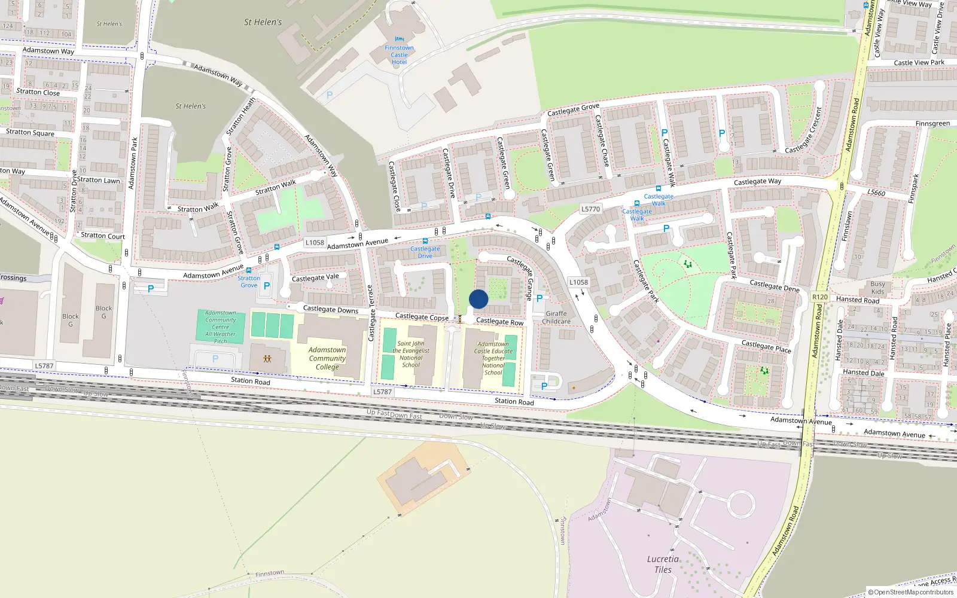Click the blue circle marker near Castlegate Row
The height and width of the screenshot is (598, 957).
coord(478,299)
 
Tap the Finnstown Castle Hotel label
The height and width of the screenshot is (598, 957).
coord(399,55)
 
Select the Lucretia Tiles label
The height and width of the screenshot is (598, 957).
coord(663,565)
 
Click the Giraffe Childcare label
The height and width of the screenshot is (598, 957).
coord(556,318)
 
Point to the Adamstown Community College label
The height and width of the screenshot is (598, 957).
coord(327,358)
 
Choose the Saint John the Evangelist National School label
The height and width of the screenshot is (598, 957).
coord(411,354)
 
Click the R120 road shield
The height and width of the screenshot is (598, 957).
coord(819,297)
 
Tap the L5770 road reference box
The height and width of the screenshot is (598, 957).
coord(590,209)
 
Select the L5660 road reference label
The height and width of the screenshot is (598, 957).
coord(876,193)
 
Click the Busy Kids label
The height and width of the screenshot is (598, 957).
coord(877,288)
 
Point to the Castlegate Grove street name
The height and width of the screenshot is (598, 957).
coord(573,110)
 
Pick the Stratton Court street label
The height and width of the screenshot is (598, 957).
coord(103,236)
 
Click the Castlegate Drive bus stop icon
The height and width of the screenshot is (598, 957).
coord(425,241)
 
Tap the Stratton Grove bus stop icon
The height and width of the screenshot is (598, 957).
coord(249,270)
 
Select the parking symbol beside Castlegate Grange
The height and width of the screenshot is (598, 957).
coord(540,298)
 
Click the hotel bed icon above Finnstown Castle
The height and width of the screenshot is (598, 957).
coord(399,39)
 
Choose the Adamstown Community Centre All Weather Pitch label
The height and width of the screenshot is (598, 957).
coord(220,327)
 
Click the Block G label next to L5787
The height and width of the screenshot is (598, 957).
coord(71,320)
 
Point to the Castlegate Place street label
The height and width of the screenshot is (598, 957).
coord(766,347)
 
